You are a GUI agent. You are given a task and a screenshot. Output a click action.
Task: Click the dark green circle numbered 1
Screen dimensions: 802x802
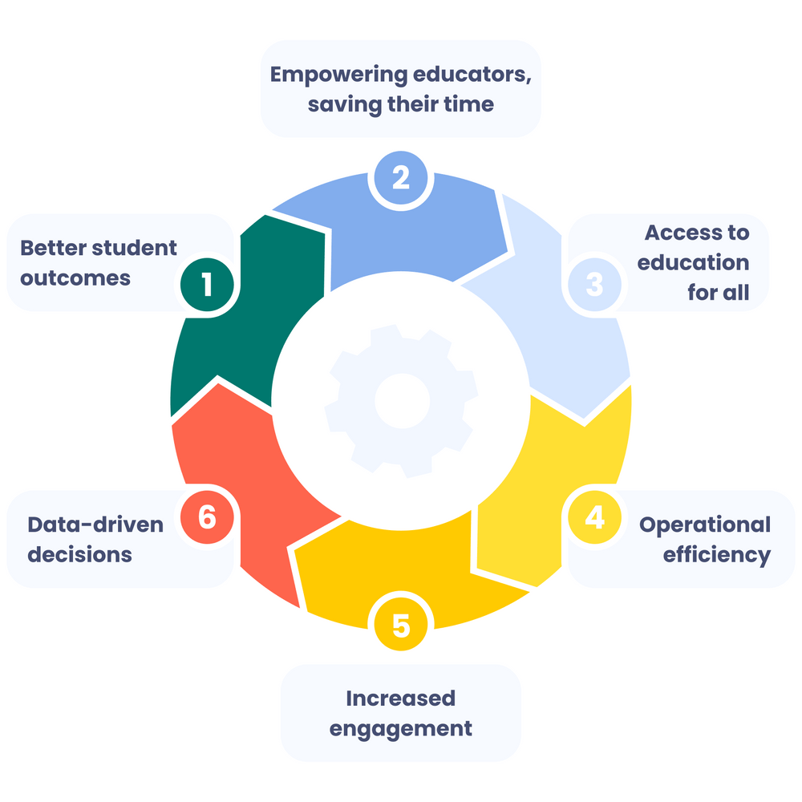207,285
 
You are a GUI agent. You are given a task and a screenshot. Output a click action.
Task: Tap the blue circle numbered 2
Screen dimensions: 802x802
401,177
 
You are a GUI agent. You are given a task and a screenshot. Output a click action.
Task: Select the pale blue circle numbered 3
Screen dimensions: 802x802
594,285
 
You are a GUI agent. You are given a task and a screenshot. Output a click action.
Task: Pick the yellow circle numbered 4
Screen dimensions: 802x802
594,517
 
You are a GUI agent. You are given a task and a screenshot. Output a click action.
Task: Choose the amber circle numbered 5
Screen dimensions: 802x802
401,625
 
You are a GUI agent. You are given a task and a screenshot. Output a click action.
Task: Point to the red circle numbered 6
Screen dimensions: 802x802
207,517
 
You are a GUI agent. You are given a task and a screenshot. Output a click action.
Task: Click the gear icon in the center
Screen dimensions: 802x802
402,401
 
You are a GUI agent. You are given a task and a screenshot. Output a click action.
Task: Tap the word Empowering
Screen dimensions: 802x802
338,75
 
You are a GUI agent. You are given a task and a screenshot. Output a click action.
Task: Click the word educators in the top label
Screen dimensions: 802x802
471,75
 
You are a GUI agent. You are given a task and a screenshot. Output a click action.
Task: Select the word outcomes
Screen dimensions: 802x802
75,279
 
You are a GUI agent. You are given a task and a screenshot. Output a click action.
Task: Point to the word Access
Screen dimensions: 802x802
678,233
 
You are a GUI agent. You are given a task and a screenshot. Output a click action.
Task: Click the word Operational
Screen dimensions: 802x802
705,525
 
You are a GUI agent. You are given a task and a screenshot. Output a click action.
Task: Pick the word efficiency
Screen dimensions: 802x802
716,556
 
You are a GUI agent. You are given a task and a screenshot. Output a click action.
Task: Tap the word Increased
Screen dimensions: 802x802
400,699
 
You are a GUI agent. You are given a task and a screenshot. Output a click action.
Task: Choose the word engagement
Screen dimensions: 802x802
400,729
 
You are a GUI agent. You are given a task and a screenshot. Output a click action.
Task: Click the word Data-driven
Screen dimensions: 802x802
95,525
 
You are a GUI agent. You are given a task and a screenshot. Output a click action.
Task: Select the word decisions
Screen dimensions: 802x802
79,555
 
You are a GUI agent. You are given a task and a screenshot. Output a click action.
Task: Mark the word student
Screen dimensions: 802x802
136,248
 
